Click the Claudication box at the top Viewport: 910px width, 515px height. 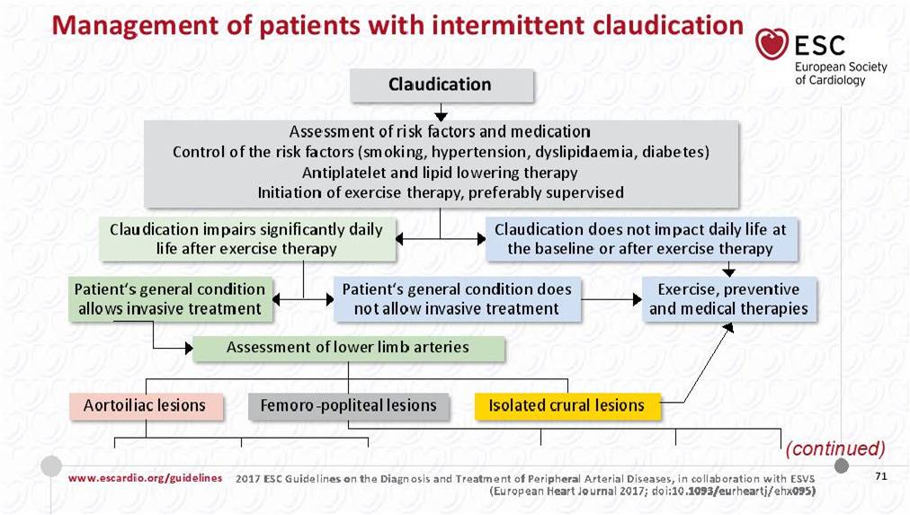442,85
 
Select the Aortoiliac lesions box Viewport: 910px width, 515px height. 146,406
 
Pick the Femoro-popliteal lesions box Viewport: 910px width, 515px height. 348,406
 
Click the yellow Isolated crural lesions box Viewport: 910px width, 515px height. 567,406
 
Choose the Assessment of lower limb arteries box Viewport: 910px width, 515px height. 348,348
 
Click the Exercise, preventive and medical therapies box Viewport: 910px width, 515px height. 729,299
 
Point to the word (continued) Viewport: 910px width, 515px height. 835,448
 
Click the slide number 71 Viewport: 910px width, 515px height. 881,476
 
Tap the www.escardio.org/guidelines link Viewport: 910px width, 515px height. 145,478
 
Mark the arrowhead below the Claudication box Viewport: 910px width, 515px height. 442,116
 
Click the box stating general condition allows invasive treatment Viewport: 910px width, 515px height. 170,299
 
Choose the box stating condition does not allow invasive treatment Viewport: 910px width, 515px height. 457,299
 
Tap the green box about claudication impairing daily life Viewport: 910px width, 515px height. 247,239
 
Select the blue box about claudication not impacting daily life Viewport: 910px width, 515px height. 641,239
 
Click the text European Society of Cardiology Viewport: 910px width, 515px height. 841,74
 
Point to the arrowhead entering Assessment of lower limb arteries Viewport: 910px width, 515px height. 189,348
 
